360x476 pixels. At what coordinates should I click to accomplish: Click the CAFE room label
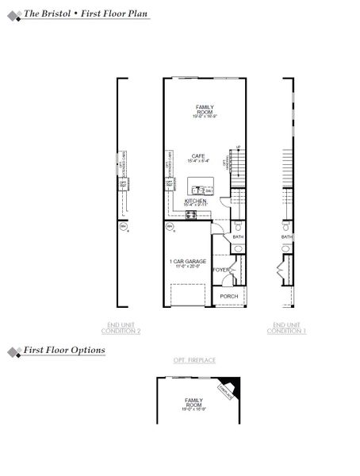198,156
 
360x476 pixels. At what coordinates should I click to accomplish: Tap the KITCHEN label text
195,202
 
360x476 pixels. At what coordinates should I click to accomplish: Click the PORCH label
229,297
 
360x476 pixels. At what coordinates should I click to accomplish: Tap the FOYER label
221,270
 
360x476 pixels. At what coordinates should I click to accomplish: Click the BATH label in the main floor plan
238,236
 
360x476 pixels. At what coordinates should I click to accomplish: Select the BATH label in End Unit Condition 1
286,236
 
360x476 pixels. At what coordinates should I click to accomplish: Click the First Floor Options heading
64,349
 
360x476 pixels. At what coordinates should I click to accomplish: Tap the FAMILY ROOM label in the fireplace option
194,403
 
